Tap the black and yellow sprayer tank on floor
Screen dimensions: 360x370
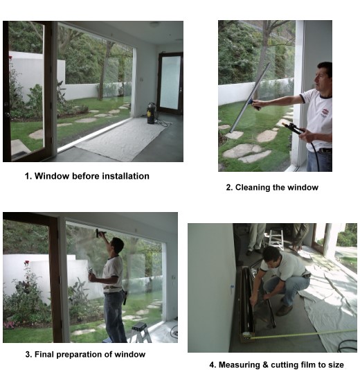[x=152, y=114]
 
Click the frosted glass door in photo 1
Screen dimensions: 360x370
[x=170, y=83]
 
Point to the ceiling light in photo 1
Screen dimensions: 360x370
[x=154, y=24]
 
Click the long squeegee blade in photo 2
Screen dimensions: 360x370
[x=250, y=98]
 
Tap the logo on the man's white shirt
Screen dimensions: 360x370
[x=325, y=112]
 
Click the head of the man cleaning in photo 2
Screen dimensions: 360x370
[x=324, y=76]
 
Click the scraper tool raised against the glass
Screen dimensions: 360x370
[x=100, y=234]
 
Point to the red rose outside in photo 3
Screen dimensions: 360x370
[x=27, y=263]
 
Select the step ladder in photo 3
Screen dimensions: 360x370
[x=141, y=333]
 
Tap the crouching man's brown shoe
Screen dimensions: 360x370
[x=284, y=310]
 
